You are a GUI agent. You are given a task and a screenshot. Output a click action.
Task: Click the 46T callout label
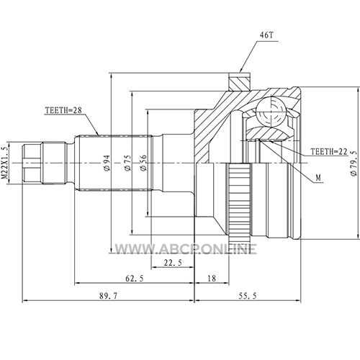tap(266, 35)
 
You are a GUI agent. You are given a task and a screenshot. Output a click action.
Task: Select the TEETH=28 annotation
tap(63, 110)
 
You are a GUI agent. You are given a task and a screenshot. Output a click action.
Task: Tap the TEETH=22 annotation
tap(329, 151)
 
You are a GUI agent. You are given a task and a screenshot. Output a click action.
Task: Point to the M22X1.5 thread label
tap(5, 163)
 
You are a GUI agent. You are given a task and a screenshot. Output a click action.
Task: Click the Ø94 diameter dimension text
tap(107, 163)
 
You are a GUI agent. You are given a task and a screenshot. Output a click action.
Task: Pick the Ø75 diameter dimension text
tap(127, 163)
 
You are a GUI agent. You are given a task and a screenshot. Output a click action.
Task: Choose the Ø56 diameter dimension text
tap(143, 163)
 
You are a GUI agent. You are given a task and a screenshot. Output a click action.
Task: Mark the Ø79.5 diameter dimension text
tap(354, 163)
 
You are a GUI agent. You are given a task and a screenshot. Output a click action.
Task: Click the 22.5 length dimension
tap(173, 263)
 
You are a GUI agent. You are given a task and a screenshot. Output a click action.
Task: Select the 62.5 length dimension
tap(135, 279)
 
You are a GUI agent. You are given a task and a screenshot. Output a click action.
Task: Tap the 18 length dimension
tap(212, 279)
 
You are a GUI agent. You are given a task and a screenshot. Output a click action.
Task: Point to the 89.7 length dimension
tap(109, 296)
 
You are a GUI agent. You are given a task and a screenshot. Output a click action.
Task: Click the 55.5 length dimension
tap(248, 296)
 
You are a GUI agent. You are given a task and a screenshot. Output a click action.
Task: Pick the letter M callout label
tap(318, 178)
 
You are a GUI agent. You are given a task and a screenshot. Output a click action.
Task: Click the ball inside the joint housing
tap(271, 111)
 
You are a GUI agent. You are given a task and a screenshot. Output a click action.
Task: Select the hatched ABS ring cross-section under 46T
tap(240, 82)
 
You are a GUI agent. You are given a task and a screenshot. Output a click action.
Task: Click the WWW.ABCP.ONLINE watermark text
tap(186, 249)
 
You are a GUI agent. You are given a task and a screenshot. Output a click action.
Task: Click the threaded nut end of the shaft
tap(32, 163)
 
